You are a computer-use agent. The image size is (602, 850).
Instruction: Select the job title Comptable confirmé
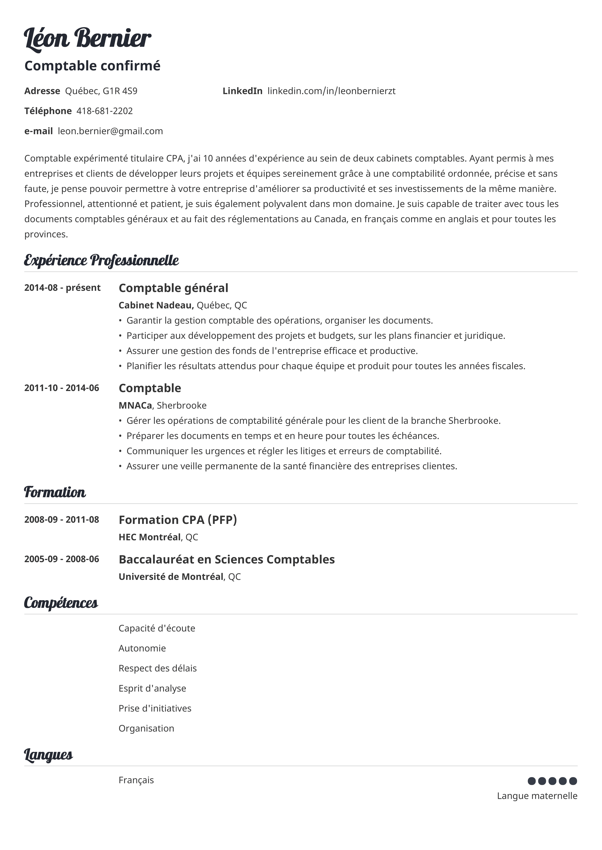(92, 66)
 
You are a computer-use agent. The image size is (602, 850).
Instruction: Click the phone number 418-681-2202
(105, 111)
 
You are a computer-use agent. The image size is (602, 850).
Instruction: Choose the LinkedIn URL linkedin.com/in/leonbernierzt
(331, 91)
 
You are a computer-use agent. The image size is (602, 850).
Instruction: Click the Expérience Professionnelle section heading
(101, 261)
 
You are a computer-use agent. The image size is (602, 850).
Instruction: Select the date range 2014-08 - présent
(62, 288)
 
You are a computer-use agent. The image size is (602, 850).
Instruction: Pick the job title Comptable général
(173, 288)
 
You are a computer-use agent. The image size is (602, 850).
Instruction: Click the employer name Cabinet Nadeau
(156, 305)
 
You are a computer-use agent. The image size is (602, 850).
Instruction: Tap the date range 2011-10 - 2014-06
(62, 388)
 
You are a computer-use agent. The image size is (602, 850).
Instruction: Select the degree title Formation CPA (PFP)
(178, 520)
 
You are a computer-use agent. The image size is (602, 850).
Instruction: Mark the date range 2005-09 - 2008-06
(62, 559)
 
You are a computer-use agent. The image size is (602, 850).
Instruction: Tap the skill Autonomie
(142, 648)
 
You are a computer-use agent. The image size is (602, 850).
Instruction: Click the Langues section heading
(49, 754)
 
